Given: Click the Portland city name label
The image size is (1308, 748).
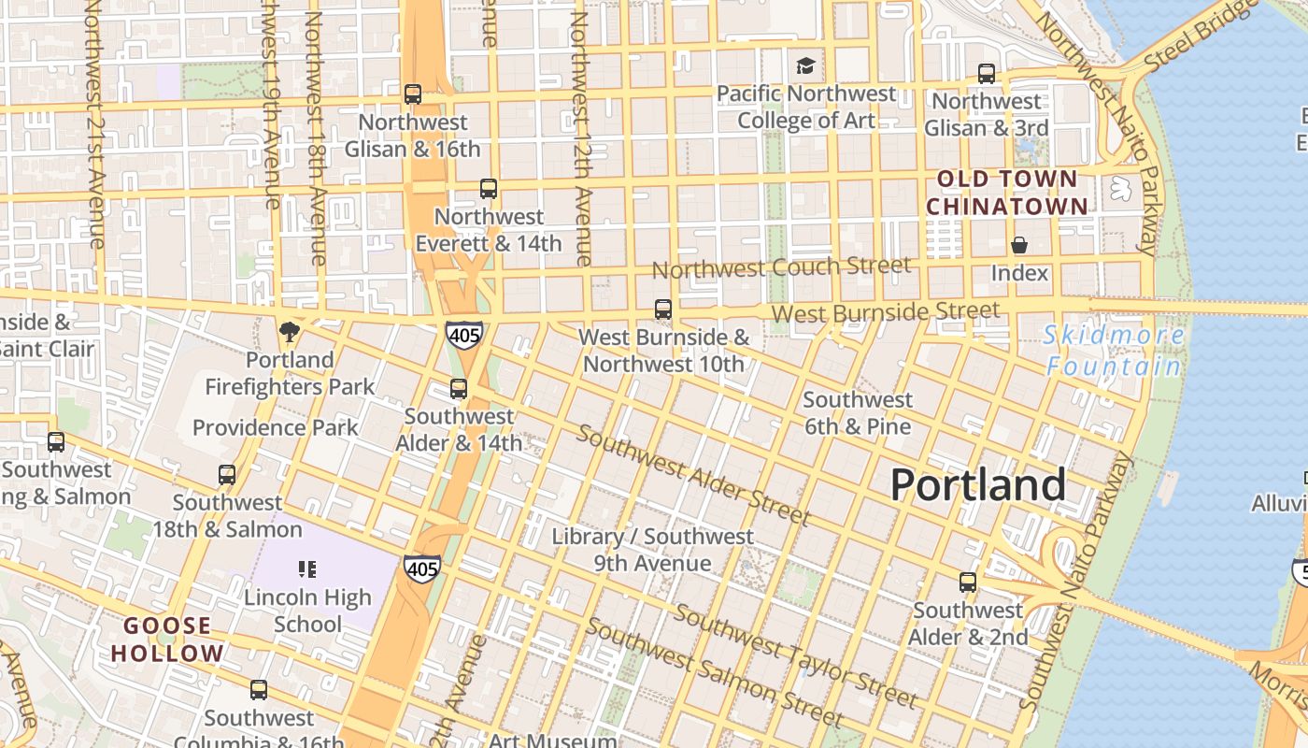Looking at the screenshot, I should (x=977, y=484).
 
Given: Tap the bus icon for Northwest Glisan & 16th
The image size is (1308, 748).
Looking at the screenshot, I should (x=412, y=94).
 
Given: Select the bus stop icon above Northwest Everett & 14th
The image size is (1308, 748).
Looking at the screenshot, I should (x=488, y=189).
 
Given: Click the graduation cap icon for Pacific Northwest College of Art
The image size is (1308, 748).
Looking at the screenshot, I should (x=805, y=65).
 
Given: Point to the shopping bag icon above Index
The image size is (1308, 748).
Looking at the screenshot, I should (x=1018, y=245).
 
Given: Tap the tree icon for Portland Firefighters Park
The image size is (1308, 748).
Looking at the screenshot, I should (x=290, y=331).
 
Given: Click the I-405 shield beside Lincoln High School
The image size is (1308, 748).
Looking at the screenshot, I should (x=422, y=567).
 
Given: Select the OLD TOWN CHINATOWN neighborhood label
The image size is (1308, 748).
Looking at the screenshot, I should (x=1007, y=193).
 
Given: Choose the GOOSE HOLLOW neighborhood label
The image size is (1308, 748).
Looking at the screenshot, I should (x=168, y=640).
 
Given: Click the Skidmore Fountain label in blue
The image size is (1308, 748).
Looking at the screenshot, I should (x=1114, y=351).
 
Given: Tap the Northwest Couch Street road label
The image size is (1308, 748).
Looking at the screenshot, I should (x=780, y=267).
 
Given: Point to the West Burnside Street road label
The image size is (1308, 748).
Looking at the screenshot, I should (x=886, y=311).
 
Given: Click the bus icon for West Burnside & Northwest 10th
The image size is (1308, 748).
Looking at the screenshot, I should (x=662, y=309).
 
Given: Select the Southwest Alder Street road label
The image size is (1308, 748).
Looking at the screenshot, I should (x=692, y=475).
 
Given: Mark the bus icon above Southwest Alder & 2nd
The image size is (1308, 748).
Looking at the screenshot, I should (x=968, y=583).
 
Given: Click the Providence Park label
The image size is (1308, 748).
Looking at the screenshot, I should (x=275, y=427).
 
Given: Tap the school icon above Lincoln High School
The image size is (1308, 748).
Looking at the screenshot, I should (x=307, y=568).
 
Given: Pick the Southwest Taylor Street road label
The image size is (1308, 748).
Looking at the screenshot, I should (x=795, y=656).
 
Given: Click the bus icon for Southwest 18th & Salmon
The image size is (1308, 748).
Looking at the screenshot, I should (x=227, y=475).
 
